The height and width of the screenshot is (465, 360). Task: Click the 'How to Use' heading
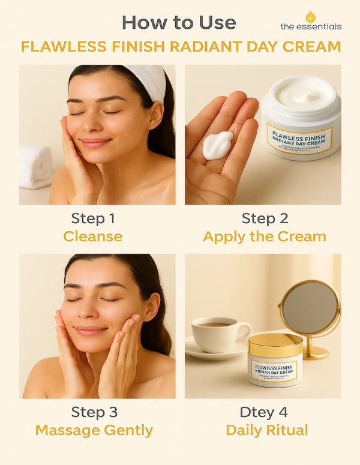[178, 23]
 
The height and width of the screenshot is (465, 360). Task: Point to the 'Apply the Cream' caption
[264, 236]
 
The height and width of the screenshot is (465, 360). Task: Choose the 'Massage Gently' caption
[94, 430]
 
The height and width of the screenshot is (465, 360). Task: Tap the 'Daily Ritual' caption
[266, 430]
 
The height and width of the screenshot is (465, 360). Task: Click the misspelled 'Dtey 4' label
[264, 412]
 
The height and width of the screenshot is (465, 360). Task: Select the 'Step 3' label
[94, 412]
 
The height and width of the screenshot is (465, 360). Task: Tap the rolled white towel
[35, 166]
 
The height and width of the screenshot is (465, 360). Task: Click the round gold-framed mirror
[310, 308]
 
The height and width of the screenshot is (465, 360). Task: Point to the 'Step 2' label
[264, 218]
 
